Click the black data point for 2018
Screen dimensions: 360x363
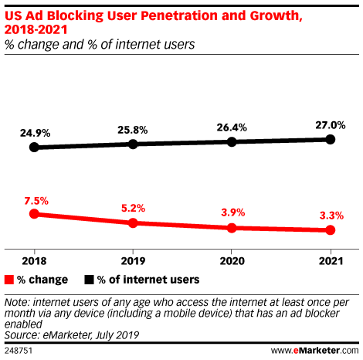pos(33,147)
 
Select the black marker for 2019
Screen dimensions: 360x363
pos(133,144)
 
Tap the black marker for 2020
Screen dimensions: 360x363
pos(232,141)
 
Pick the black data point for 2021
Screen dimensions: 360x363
pos(331,139)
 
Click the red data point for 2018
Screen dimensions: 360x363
pos(33,214)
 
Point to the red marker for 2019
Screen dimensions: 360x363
pos(133,222)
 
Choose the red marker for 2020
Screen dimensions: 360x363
pos(232,228)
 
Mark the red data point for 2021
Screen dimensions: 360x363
pos(331,230)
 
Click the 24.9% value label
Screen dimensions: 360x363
pos(33,132)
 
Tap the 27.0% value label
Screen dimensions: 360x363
pos(330,124)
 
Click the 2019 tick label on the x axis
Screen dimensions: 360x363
pos(133,260)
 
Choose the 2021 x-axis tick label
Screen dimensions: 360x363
pos(331,260)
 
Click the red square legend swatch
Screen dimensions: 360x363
pos(9,279)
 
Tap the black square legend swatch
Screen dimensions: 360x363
pos(89,279)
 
